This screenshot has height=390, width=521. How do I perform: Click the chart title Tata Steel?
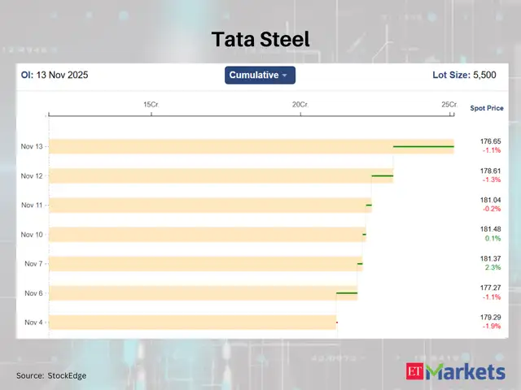click(260, 39)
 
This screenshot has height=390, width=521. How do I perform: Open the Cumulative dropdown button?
click(260, 76)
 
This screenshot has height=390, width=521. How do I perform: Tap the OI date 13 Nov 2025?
click(60, 76)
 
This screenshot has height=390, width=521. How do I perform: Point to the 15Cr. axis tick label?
click(151, 105)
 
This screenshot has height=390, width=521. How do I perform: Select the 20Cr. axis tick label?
click(301, 105)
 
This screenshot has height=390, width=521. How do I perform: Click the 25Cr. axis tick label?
click(449, 105)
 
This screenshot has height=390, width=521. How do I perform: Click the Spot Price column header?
click(487, 108)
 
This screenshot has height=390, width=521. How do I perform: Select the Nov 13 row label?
click(33, 147)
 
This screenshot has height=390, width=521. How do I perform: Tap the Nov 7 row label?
click(34, 264)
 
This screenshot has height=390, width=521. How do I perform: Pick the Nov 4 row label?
click(34, 323)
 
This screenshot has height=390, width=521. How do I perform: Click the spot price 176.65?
click(491, 141)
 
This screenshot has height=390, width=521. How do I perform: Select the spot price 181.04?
click(491, 200)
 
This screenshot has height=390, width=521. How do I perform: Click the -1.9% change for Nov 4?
click(492, 326)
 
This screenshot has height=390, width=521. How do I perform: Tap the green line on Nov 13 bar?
click(423, 147)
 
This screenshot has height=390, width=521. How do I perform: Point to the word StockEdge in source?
click(67, 375)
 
